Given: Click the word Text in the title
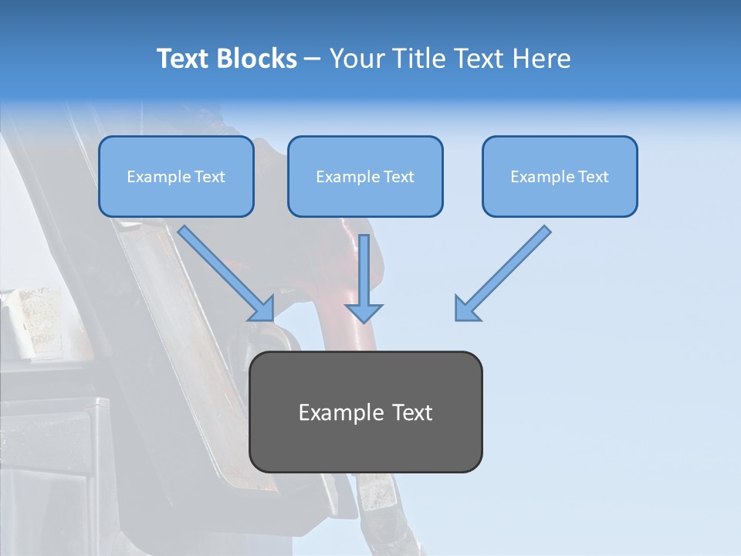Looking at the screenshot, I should click(184, 59).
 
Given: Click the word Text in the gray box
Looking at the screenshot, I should click(412, 412).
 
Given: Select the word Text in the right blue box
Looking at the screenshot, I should click(593, 177).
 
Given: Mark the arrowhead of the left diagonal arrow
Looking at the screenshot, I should click(262, 309).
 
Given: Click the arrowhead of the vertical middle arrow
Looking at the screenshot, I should click(364, 312).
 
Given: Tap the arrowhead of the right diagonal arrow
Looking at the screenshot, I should click(466, 309).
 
